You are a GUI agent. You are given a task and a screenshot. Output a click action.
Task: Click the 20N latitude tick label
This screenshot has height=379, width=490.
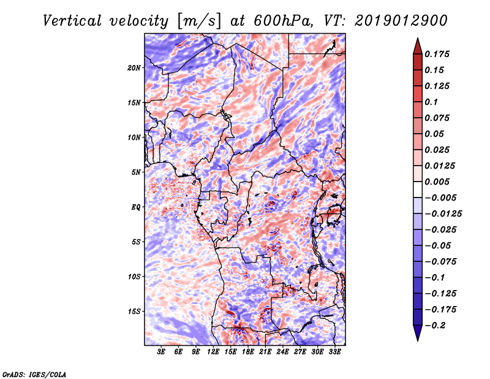pyautogui.click(x=134, y=68)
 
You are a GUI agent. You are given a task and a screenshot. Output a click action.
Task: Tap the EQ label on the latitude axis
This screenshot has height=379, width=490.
pyautogui.click(x=135, y=207)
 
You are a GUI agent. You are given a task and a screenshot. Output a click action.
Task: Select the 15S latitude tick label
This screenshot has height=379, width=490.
pyautogui.click(x=134, y=312)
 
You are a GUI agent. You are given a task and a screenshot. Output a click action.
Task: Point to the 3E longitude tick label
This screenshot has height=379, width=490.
pyautogui.click(x=161, y=352)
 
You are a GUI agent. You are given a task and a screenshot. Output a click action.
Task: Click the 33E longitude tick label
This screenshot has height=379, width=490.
pyautogui.click(x=334, y=352)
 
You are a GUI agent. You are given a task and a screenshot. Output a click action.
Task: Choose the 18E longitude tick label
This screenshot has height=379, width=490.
pyautogui.click(x=248, y=352)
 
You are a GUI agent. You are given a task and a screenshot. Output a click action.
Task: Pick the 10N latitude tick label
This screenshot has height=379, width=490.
pyautogui.click(x=134, y=137)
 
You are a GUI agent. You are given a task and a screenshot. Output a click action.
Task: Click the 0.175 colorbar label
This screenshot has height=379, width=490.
pyautogui.click(x=437, y=54)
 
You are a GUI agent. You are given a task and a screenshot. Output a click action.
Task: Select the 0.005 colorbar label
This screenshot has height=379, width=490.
pyautogui.click(x=437, y=182)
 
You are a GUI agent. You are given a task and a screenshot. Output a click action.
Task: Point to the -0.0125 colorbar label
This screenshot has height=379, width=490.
pyautogui.click(x=443, y=214)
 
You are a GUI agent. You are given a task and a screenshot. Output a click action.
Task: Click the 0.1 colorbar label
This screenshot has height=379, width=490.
pyautogui.click(x=431, y=102)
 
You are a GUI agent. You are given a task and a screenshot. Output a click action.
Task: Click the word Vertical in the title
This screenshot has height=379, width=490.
pyautogui.click(x=72, y=21)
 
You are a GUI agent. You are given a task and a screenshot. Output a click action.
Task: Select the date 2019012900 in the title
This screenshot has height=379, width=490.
pyautogui.click(x=401, y=21)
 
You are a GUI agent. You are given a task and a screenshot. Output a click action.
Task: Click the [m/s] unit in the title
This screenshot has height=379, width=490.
pyautogui.click(x=199, y=21)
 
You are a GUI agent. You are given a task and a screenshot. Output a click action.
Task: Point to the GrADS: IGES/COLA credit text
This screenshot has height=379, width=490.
pyautogui.click(x=34, y=375)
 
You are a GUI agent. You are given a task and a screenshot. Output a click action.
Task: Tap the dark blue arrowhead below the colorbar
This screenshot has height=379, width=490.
pyautogui.click(x=418, y=332)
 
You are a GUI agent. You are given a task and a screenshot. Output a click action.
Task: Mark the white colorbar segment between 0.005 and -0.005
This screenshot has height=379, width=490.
pyautogui.click(x=418, y=189)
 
